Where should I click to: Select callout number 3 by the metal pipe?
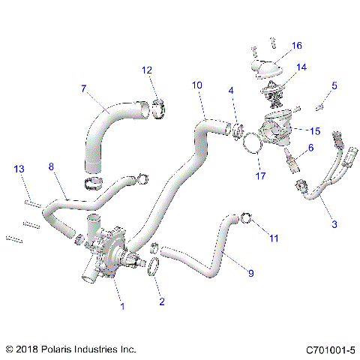click(334, 224)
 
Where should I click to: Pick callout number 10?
click(197, 85)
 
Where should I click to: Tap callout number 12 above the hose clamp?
click(148, 70)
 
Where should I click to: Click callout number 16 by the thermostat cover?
click(297, 46)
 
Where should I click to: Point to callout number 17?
click(260, 177)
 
